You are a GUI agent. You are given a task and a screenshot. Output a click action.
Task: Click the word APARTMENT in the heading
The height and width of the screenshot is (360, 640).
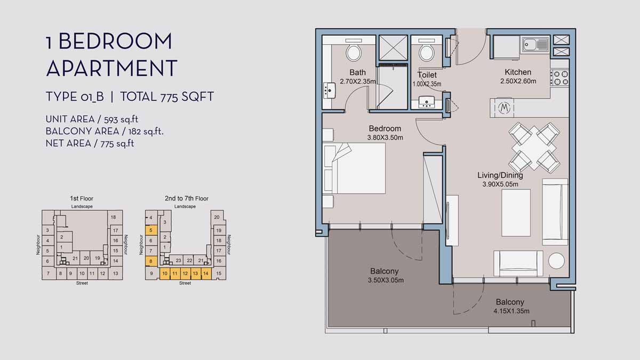pyautogui.click(x=111, y=68)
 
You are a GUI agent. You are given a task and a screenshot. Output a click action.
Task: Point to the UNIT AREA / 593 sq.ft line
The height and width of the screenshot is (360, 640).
pyautogui.click(x=88, y=119)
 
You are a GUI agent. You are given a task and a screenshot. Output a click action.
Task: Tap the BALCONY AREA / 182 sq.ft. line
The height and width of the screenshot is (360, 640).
pyautogui.click(x=105, y=131)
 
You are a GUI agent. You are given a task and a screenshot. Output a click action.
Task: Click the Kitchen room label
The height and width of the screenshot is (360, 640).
pyautogui.click(x=518, y=72)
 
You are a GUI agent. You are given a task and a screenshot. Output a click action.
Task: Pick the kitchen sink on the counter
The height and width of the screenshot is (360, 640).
pyautogui.click(x=535, y=44)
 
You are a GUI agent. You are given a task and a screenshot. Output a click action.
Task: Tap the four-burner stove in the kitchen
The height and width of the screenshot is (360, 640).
pyautogui.click(x=559, y=77)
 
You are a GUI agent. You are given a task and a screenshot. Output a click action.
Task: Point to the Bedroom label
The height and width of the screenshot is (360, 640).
pyautogui.click(x=385, y=129)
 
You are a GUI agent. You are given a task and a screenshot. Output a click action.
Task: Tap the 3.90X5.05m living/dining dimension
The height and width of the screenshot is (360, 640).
pyautogui.click(x=500, y=185)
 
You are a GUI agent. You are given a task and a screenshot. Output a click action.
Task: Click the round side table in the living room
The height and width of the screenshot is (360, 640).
pyautogui.click(x=556, y=261)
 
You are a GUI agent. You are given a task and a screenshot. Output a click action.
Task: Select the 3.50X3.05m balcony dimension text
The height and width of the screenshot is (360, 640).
pyautogui.click(x=384, y=281)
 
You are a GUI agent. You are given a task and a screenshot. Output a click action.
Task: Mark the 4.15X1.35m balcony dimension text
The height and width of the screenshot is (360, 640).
pyautogui.click(x=510, y=311)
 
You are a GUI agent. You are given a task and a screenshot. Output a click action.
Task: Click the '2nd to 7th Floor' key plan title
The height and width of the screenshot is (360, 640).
pyautogui.click(x=186, y=198)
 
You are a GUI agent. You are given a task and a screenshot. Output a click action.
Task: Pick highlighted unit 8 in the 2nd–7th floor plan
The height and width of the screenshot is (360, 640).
pyautogui.click(x=151, y=261)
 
